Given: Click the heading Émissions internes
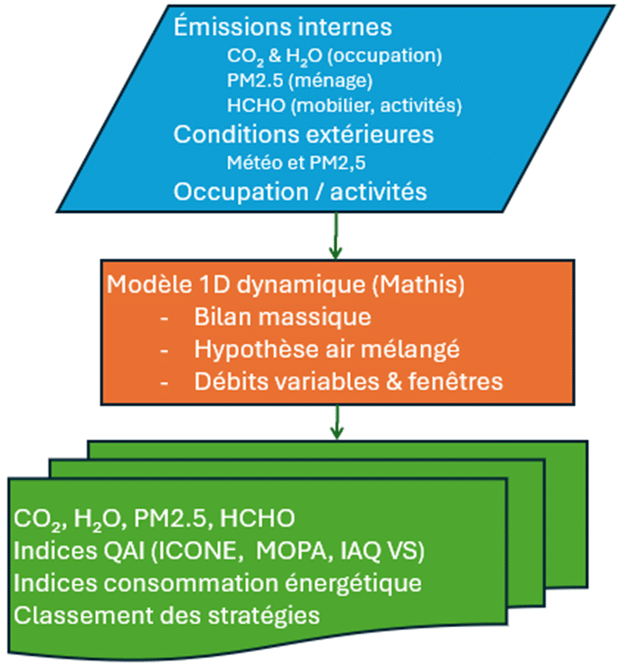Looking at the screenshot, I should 283,27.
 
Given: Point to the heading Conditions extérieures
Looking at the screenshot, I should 303,133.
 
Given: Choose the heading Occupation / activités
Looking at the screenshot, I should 300,191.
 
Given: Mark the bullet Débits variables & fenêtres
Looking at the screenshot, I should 348,381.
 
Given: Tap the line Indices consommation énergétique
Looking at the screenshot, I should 217,582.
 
